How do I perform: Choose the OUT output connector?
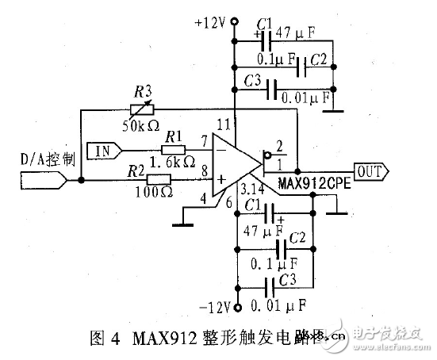tap(370, 170)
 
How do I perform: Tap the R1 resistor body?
tap(174, 148)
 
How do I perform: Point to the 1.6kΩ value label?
tap(173, 163)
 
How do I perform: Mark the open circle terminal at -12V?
tap(236, 305)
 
